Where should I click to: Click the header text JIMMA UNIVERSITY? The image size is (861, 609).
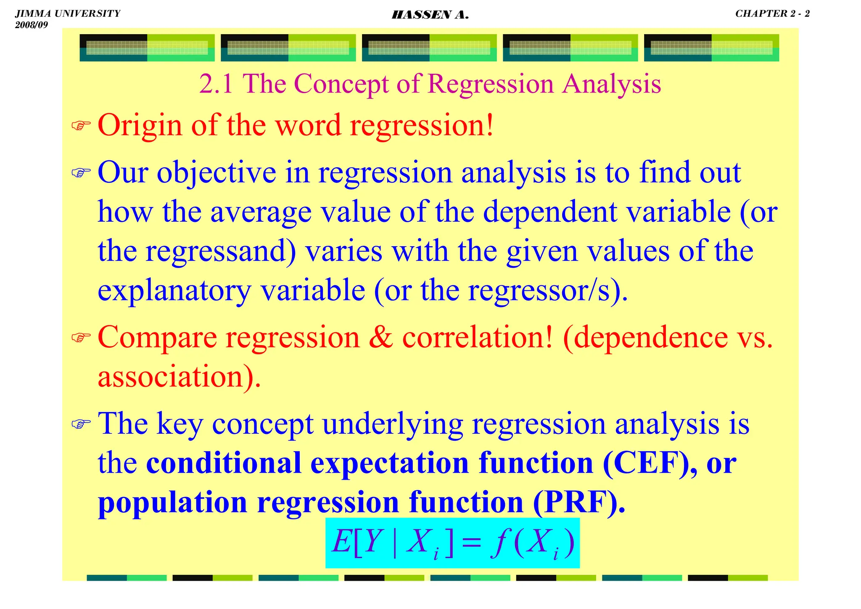pos(67,13)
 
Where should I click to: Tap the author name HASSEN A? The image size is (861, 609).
pos(430,15)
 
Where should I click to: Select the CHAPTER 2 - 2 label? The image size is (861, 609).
pos(772,13)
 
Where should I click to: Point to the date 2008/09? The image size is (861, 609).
pos(32,25)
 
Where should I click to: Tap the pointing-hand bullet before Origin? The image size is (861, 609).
pos(81,125)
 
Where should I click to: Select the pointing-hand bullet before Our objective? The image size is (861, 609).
pos(81,172)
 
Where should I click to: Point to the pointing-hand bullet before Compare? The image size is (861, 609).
pos(81,337)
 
